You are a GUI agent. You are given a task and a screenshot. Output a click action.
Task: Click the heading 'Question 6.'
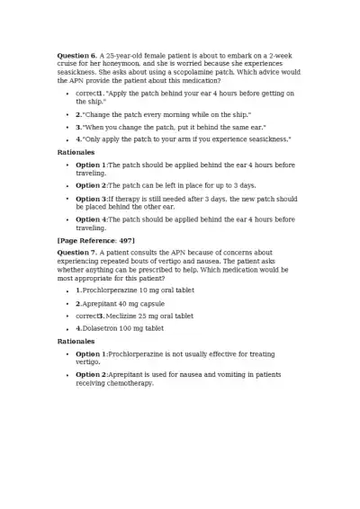click(76, 56)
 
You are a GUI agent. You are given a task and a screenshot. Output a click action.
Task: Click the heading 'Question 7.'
click(76, 253)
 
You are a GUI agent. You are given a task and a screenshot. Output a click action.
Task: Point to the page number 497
click(125, 242)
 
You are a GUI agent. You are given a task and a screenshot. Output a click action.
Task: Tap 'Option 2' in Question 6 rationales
click(91, 185)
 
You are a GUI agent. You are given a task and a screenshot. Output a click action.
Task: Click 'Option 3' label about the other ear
click(91, 198)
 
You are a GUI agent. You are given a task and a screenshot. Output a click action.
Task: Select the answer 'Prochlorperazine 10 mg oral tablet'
click(139, 290)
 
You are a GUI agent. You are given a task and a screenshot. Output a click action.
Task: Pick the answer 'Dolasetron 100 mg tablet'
click(122, 328)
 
